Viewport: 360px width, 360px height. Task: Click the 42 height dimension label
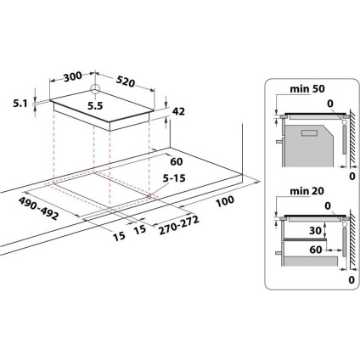tap(178, 111)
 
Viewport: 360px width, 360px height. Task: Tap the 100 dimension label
tap(225, 202)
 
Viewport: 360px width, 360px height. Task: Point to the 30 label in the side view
tap(315, 229)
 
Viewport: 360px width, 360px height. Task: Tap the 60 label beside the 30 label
tap(315, 251)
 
